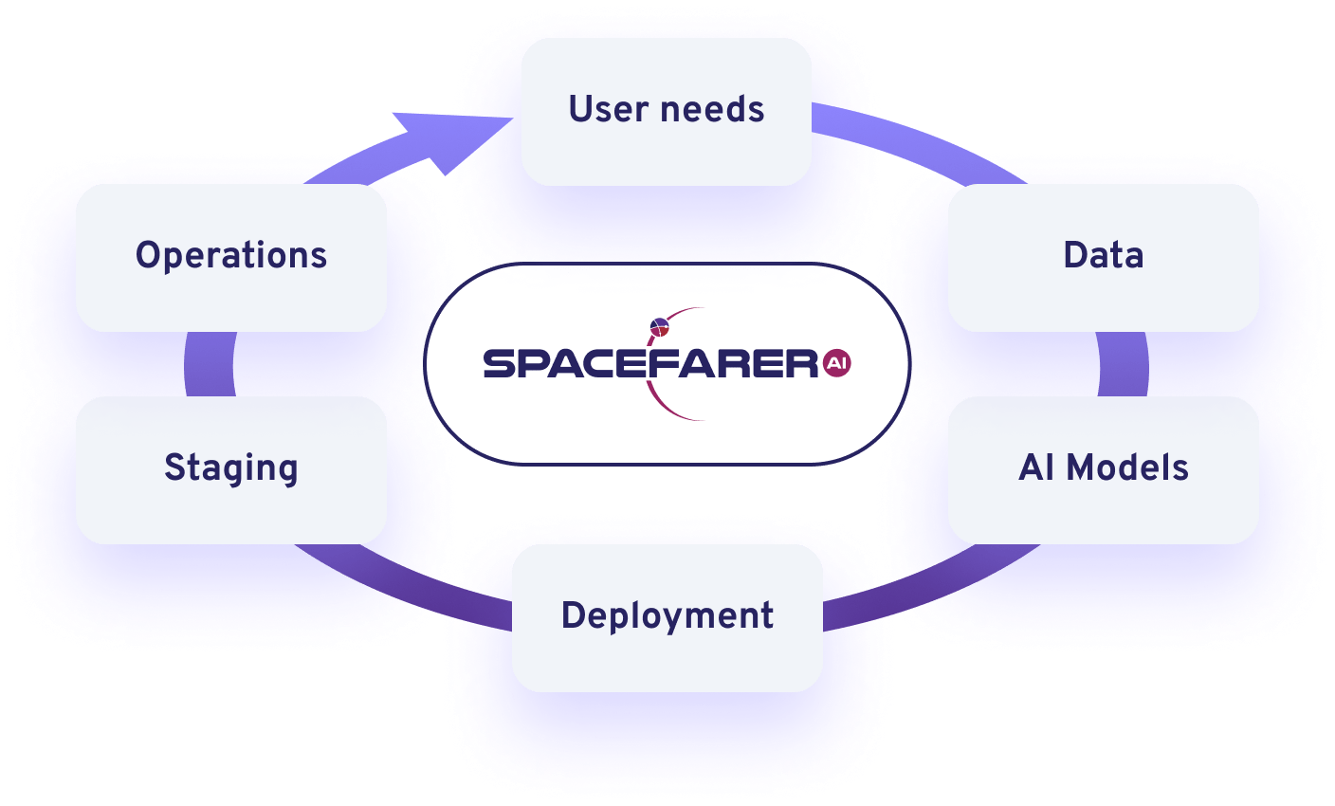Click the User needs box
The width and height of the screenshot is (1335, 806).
[667, 112]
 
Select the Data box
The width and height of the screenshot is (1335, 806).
[1103, 258]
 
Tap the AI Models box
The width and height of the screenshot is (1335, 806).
[1103, 470]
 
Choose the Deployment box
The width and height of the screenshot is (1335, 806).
[667, 617]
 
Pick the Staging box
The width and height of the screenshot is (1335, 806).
[231, 470]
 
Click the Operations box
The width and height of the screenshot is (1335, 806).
[231, 258]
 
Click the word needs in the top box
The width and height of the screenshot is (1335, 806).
[712, 109]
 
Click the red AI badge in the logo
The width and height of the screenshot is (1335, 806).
[837, 363]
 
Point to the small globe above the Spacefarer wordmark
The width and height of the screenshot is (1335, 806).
[659, 327]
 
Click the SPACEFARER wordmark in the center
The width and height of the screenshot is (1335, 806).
[650, 364]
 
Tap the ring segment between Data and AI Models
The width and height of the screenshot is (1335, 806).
[1123, 364]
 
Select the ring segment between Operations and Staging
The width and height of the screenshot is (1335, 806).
[210, 364]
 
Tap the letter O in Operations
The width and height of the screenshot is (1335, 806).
[149, 255]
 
